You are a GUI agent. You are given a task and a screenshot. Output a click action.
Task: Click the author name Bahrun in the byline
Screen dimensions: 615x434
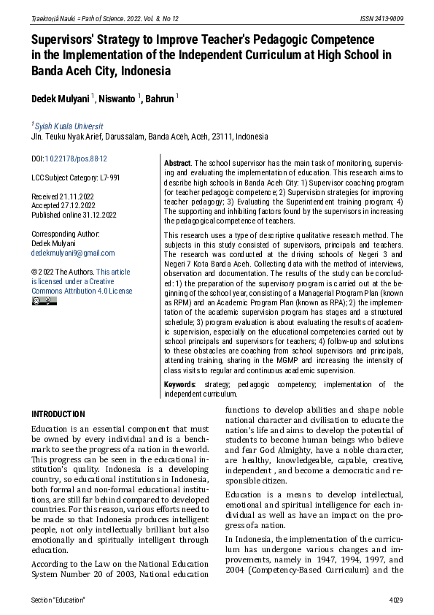(x=159, y=98)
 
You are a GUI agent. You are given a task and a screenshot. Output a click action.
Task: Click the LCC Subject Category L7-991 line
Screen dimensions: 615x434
(x=75, y=177)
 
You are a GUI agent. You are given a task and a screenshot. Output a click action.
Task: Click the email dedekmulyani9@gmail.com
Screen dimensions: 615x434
(x=72, y=253)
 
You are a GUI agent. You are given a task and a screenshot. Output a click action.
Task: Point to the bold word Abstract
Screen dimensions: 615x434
(x=177, y=162)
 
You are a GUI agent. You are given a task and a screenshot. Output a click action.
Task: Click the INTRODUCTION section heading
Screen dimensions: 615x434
(x=58, y=413)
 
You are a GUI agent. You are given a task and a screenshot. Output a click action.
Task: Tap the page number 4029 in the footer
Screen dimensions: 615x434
(x=394, y=600)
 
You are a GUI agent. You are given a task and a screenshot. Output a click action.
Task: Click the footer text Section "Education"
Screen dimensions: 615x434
(x=58, y=600)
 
